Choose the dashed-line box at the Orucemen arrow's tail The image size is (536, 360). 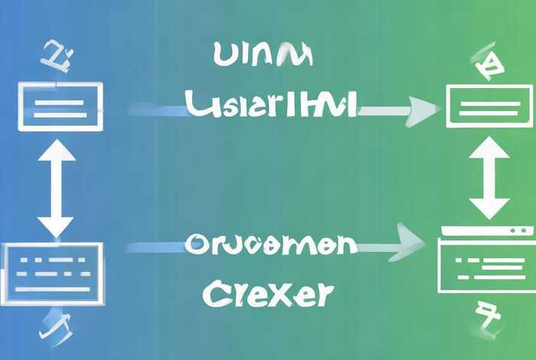55,267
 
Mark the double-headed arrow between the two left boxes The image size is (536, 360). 57,188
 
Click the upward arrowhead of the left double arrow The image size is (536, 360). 57,151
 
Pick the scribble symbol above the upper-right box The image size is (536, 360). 486,63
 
